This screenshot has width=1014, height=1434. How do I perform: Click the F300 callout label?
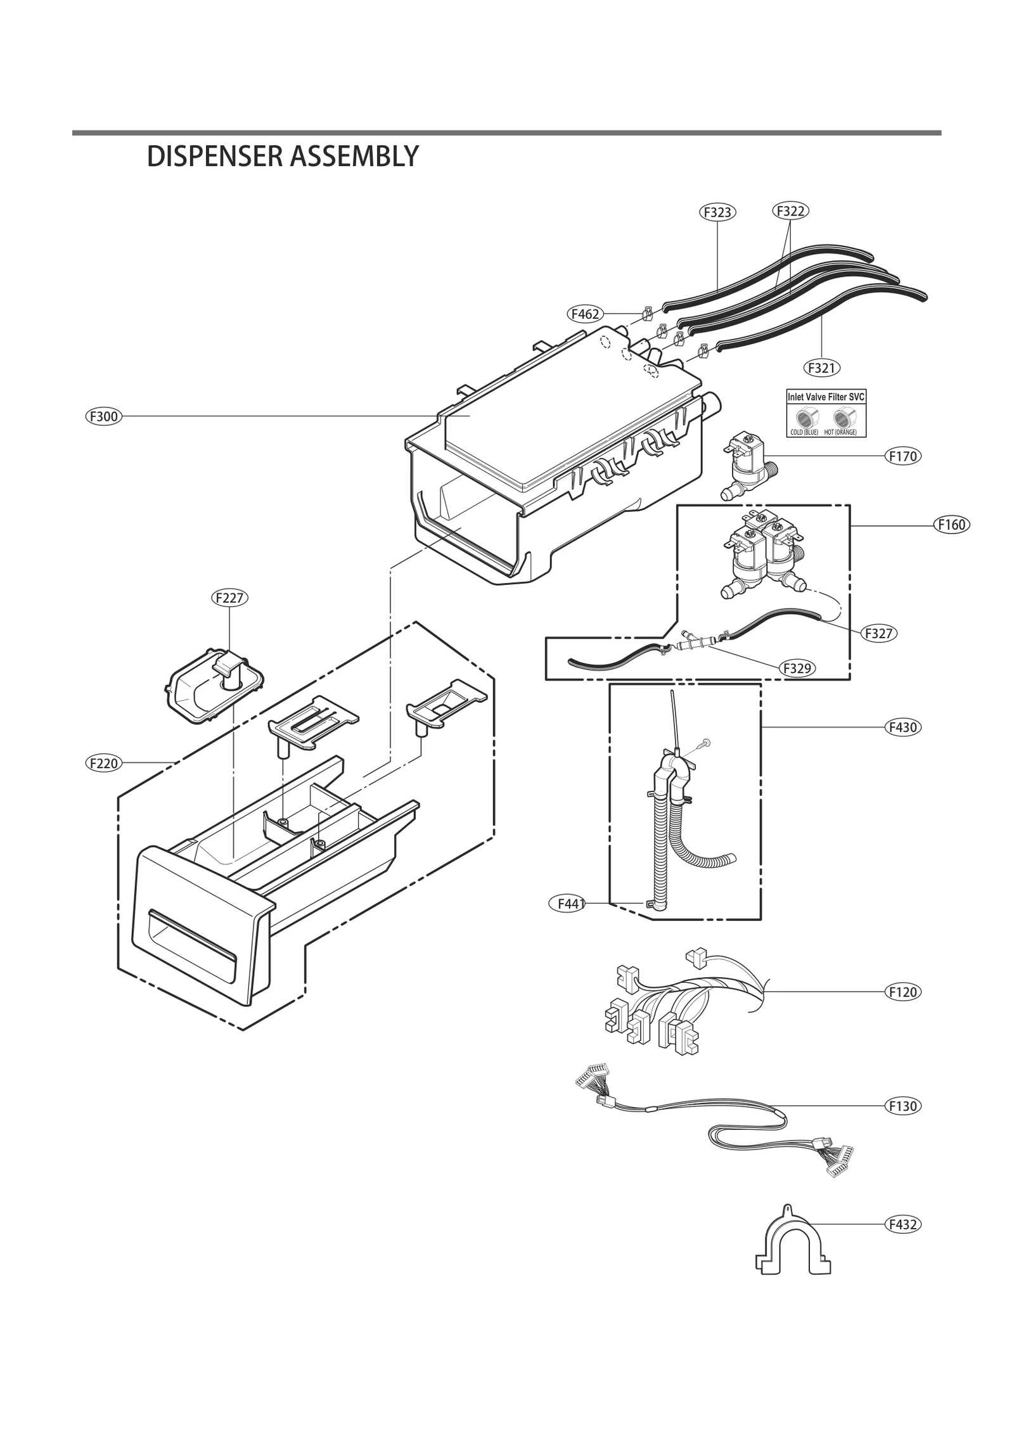[103, 416]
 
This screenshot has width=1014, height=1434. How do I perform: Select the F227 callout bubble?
[229, 598]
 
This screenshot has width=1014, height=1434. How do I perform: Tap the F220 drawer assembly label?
[103, 763]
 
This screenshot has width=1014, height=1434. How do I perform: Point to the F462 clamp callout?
[584, 313]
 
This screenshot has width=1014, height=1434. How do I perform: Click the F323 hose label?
[717, 212]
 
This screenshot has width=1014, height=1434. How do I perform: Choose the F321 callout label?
[822, 368]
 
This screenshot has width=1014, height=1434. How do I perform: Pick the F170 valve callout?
[902, 456]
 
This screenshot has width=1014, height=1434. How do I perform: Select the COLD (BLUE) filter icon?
[804, 418]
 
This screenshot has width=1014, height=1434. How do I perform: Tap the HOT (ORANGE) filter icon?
[841, 418]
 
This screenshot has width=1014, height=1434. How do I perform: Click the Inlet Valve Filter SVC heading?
[825, 397]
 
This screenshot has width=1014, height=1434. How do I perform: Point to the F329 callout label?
[797, 668]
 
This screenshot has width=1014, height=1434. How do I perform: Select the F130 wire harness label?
[902, 1106]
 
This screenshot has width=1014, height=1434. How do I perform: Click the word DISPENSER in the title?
[214, 157]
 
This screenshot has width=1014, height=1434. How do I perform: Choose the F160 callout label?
[952, 524]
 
